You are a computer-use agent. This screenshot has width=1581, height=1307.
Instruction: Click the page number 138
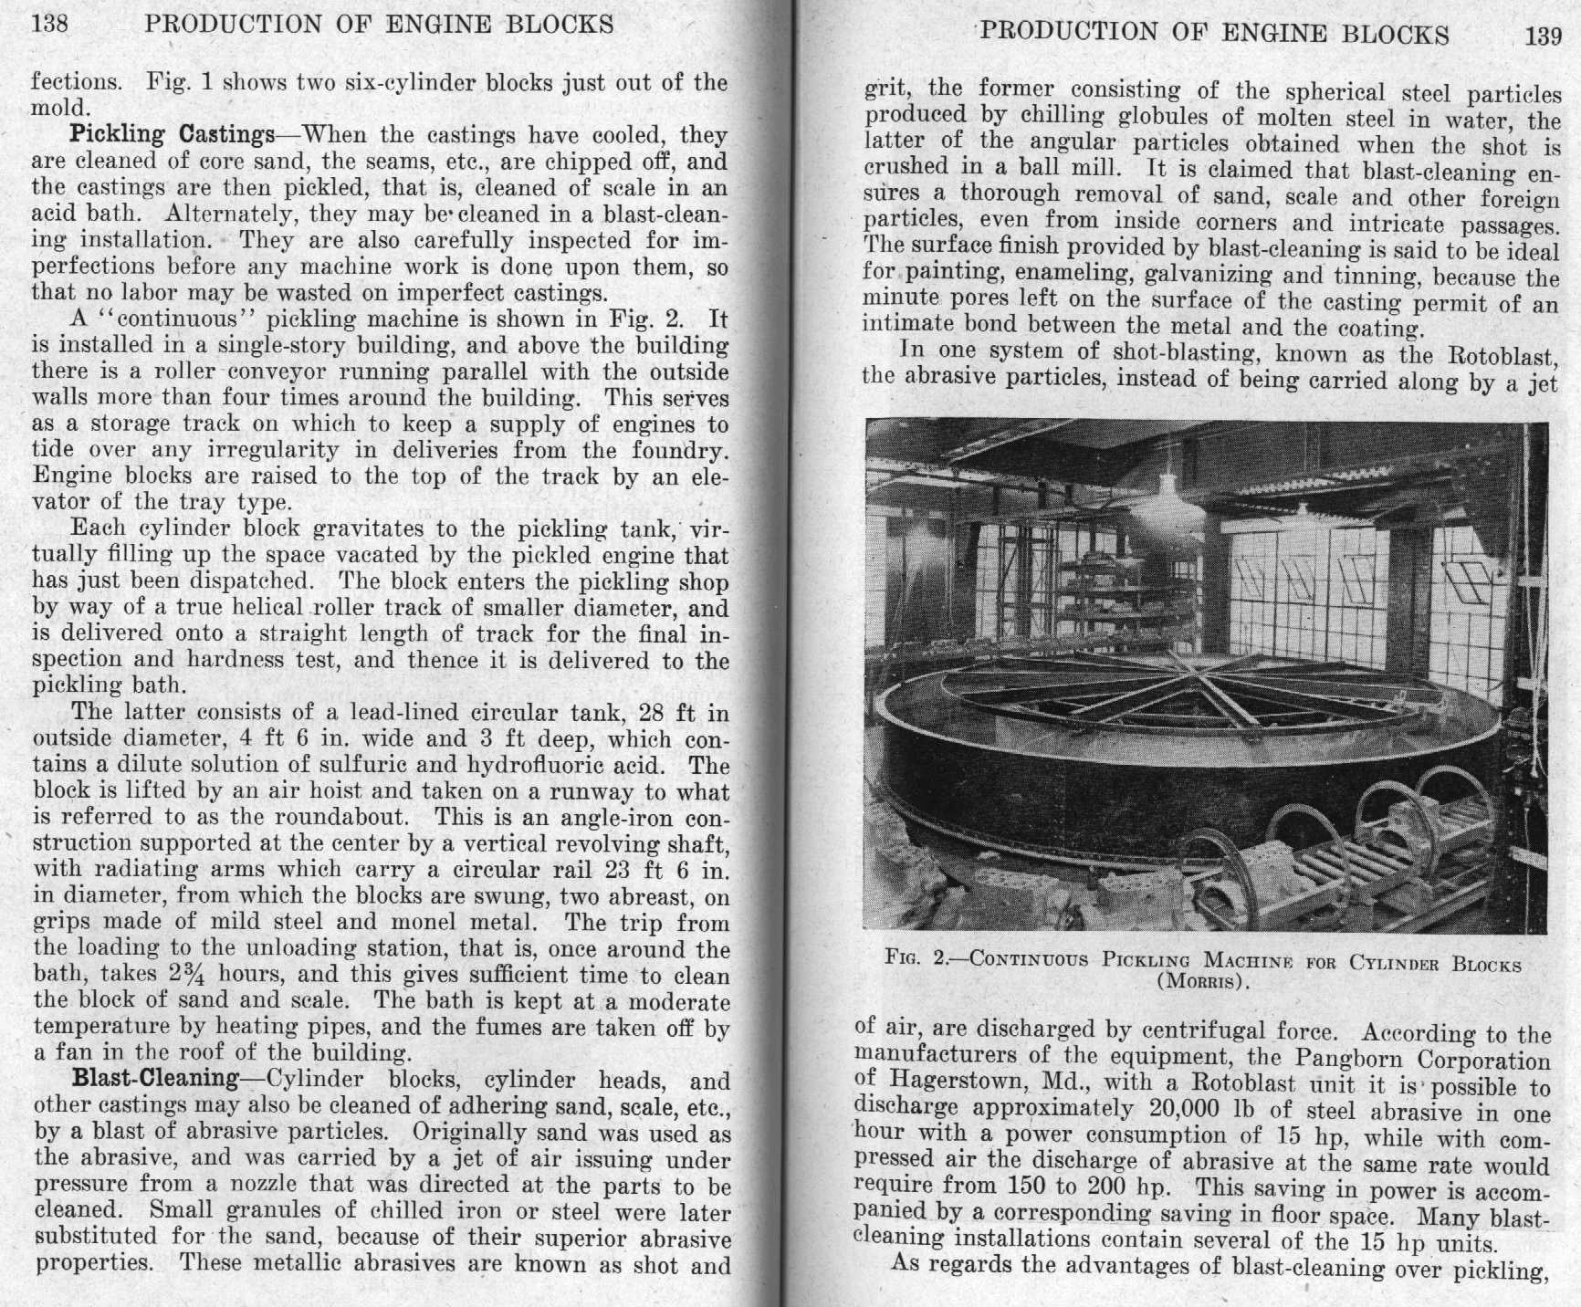tap(49, 23)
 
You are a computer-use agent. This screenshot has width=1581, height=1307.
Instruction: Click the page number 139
tap(1543, 36)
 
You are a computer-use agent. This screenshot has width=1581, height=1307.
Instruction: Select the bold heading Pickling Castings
tap(173, 135)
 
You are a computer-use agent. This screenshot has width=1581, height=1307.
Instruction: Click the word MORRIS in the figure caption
tap(1200, 983)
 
